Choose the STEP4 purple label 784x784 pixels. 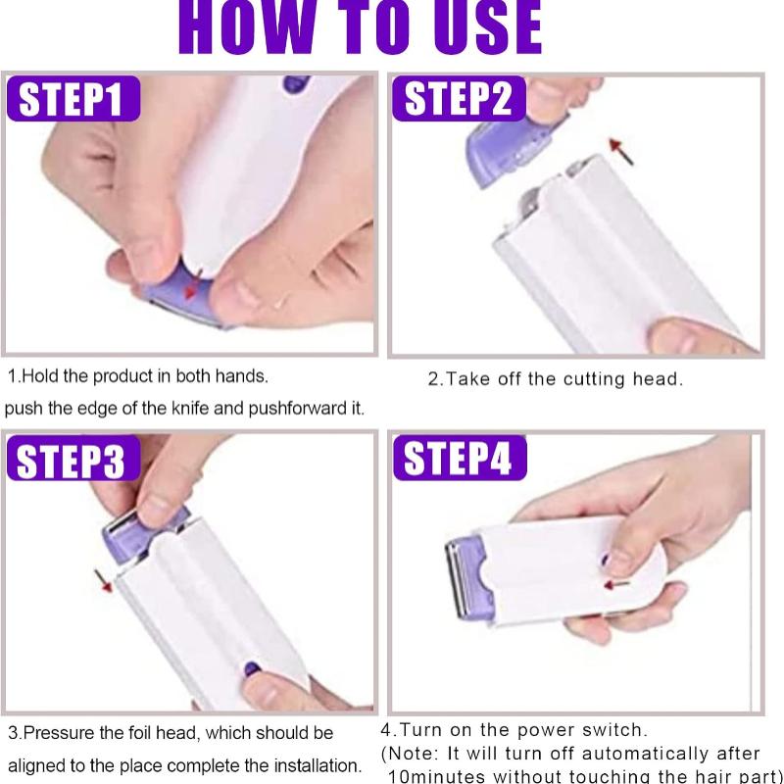pos(459,457)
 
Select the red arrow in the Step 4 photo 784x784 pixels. pos(616,585)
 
